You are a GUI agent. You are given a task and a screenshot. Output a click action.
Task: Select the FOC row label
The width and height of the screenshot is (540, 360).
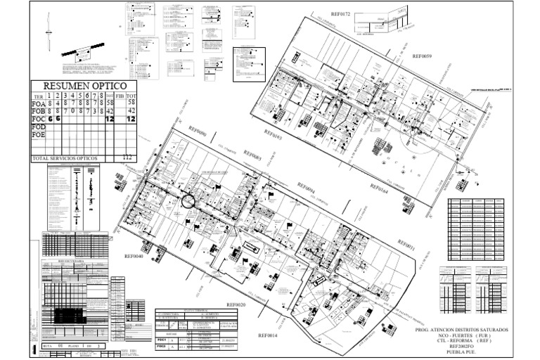click(x=39, y=119)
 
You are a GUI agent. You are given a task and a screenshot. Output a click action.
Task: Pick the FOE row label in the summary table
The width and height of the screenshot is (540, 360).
click(x=39, y=134)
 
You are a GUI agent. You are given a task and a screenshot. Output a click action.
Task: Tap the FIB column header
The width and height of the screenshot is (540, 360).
click(x=120, y=96)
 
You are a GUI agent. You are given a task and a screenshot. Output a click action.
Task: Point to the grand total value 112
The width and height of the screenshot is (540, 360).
click(x=127, y=158)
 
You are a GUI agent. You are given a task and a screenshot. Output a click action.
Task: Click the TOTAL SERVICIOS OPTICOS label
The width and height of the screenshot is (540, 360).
click(x=65, y=158)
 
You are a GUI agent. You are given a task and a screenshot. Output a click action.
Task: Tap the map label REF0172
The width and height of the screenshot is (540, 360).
click(x=349, y=13)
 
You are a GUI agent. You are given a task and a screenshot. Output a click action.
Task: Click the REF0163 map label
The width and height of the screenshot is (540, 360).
click(x=272, y=131)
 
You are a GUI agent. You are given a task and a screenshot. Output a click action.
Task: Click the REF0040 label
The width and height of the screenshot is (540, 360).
click(x=134, y=257)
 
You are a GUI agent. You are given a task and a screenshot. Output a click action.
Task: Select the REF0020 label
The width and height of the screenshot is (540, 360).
click(x=236, y=304)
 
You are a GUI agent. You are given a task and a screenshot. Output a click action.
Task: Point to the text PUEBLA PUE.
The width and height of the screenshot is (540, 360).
click(x=461, y=352)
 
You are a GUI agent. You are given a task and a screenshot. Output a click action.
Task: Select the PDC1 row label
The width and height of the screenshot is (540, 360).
click(x=161, y=339)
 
